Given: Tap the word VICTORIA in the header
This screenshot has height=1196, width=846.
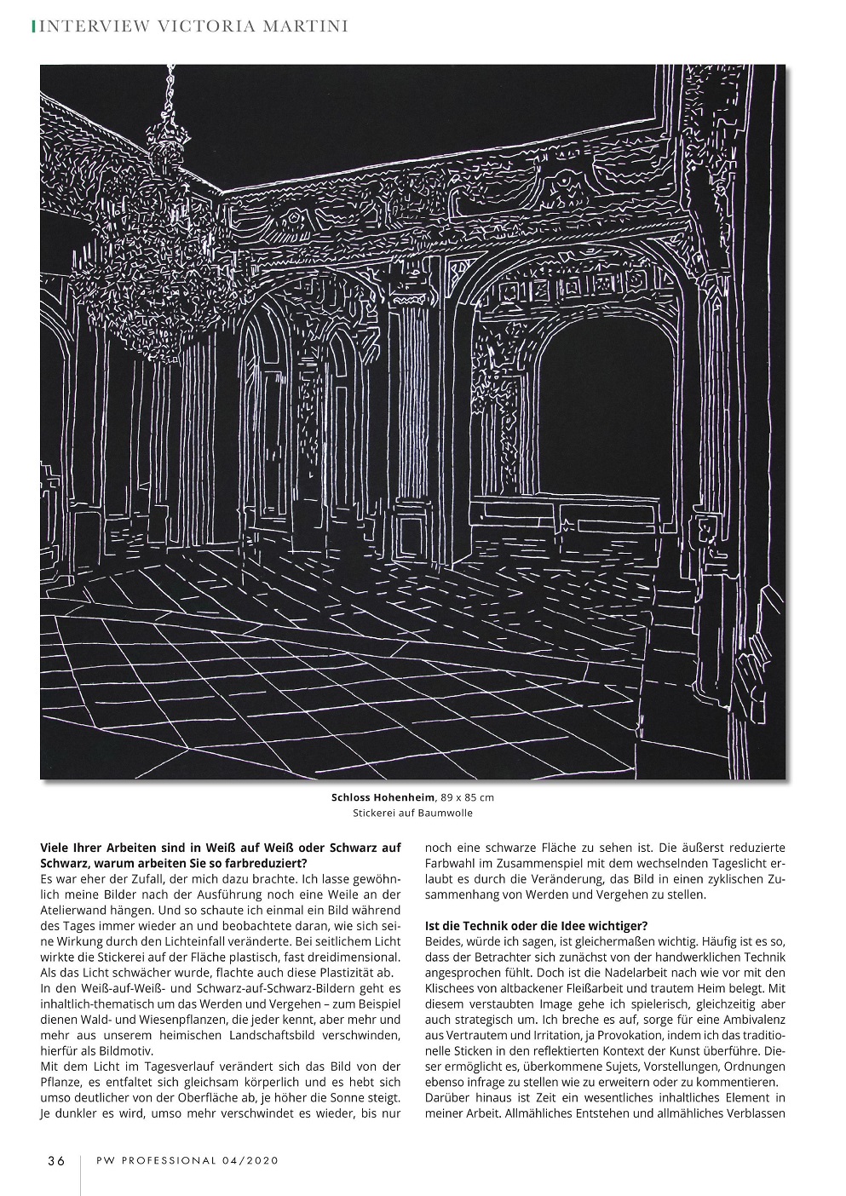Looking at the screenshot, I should tap(202, 26).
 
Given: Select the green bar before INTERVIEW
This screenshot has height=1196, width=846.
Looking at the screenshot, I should tap(33, 26).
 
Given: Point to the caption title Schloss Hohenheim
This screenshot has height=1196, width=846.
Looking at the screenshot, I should tap(383, 798).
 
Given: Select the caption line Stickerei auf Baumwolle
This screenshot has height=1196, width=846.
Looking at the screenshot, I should tap(412, 814).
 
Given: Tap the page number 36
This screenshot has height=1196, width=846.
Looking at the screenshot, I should tap(56, 1160).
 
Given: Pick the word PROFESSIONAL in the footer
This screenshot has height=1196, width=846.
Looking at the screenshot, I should tap(162, 1160).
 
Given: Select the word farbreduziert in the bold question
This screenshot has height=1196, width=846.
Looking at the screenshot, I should tap(267, 863).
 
